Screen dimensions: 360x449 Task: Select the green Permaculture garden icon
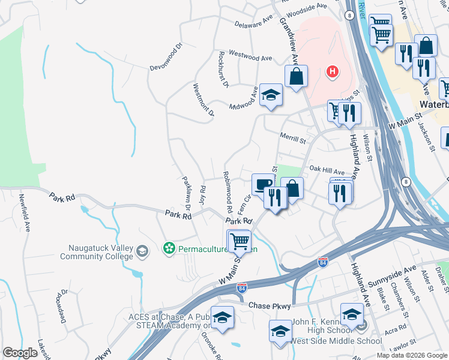click(x=169, y=247)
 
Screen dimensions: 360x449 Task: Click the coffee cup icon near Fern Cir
click(x=262, y=184)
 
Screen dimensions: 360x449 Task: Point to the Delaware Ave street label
click(x=253, y=24)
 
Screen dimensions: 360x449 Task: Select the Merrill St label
click(x=293, y=138)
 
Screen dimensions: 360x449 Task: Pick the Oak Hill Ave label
click(x=326, y=172)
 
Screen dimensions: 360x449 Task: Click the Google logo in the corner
click(x=20, y=353)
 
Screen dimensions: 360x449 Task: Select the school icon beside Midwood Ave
click(x=271, y=95)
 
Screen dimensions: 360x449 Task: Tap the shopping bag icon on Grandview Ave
click(x=296, y=76)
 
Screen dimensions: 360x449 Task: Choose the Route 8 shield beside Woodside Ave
click(x=349, y=16)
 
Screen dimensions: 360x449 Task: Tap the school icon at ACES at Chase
click(x=222, y=317)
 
